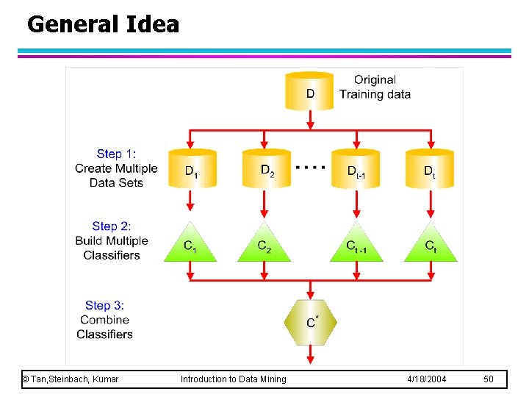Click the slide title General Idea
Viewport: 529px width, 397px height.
103,24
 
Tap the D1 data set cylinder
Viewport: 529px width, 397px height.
192,169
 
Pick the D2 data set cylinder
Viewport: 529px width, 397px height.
265,169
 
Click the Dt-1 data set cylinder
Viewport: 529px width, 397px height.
356,169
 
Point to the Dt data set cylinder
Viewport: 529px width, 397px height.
430,169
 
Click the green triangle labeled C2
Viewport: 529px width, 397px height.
264,245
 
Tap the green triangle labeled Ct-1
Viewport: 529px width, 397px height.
356,245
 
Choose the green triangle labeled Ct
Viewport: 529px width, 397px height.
431,245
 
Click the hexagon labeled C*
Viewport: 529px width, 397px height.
311,321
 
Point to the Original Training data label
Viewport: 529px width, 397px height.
375,87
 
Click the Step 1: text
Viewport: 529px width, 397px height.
116,154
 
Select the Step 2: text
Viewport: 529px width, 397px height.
112,226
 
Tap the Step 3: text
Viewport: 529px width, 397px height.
108,305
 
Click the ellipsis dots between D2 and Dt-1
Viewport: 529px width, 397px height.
310,168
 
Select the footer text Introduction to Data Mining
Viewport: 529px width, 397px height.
234,379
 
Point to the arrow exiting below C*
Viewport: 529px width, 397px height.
311,354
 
